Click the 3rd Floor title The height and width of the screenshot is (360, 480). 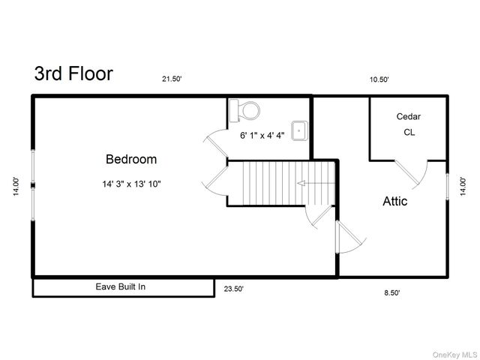73,73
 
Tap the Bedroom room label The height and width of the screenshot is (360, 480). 131,159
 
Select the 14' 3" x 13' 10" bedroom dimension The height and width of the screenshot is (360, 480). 132,184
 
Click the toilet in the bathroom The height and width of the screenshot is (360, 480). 244,110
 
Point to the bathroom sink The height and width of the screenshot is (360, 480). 299,130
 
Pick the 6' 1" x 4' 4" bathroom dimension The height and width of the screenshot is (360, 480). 262,135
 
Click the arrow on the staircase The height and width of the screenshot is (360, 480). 316,183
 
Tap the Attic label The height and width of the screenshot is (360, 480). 395,201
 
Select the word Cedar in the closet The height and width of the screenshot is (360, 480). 408,116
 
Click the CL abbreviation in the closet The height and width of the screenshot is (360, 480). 409,132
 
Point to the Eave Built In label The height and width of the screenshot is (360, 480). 121,286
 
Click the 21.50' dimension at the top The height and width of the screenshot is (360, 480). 172,79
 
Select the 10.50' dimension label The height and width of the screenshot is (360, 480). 379,79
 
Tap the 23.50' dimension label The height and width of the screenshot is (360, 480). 233,289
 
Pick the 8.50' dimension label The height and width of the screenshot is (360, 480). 392,293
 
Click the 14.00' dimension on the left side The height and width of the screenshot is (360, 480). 16,186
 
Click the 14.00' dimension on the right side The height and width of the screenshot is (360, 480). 463,186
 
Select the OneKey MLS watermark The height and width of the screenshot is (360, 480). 455,355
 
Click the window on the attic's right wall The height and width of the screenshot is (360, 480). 447,187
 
